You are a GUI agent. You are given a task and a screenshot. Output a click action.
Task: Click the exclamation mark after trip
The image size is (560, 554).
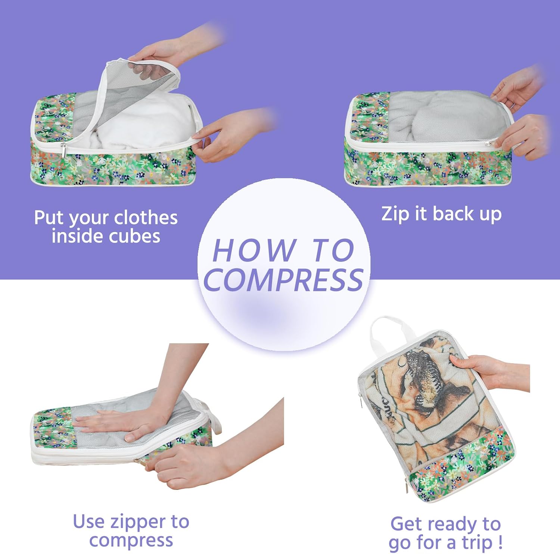[x=500, y=542]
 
